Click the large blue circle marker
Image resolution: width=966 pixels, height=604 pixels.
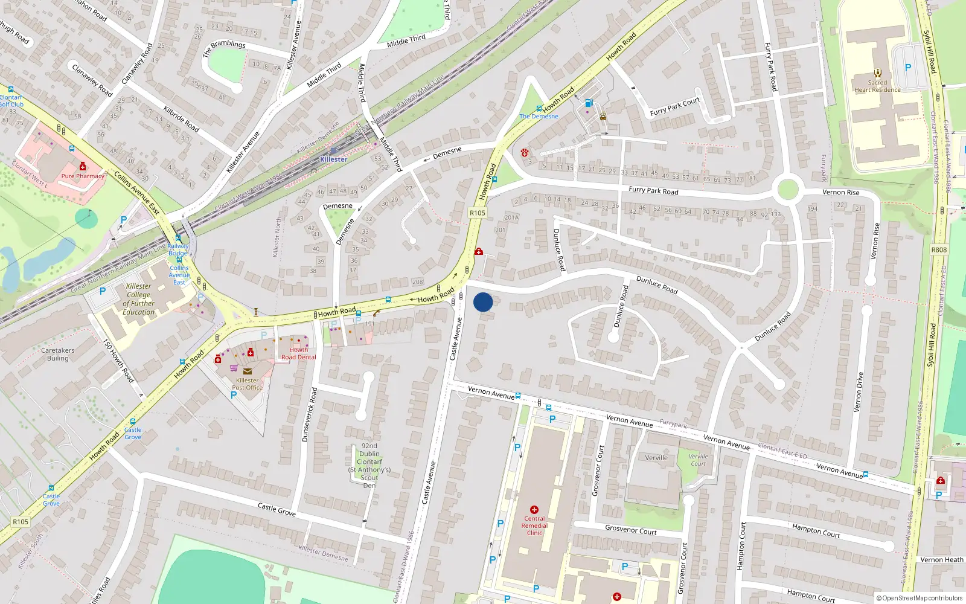point(483,302)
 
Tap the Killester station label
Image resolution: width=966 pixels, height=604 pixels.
point(333,159)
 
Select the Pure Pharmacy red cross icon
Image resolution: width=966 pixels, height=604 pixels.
point(83,167)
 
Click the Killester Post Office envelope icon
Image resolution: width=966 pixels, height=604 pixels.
point(248,371)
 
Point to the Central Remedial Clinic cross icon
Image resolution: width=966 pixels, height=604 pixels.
point(534,510)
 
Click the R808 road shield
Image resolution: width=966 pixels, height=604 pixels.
point(939,249)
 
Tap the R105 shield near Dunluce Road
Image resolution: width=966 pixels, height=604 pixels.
point(477,213)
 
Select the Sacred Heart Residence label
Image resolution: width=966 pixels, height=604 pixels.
point(877,86)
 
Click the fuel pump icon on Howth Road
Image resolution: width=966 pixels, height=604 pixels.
point(589,103)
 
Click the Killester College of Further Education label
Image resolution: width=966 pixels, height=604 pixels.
point(139,300)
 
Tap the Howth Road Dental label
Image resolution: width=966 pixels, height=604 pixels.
point(298,353)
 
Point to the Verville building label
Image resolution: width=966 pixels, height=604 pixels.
point(656,458)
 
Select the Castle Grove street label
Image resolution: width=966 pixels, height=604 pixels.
point(277,509)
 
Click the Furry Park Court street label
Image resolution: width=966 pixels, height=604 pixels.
point(674,106)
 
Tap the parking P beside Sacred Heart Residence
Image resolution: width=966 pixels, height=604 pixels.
point(908,68)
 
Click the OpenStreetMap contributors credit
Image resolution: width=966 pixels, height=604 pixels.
point(920,598)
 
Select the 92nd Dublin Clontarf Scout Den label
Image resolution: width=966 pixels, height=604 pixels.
point(369,466)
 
